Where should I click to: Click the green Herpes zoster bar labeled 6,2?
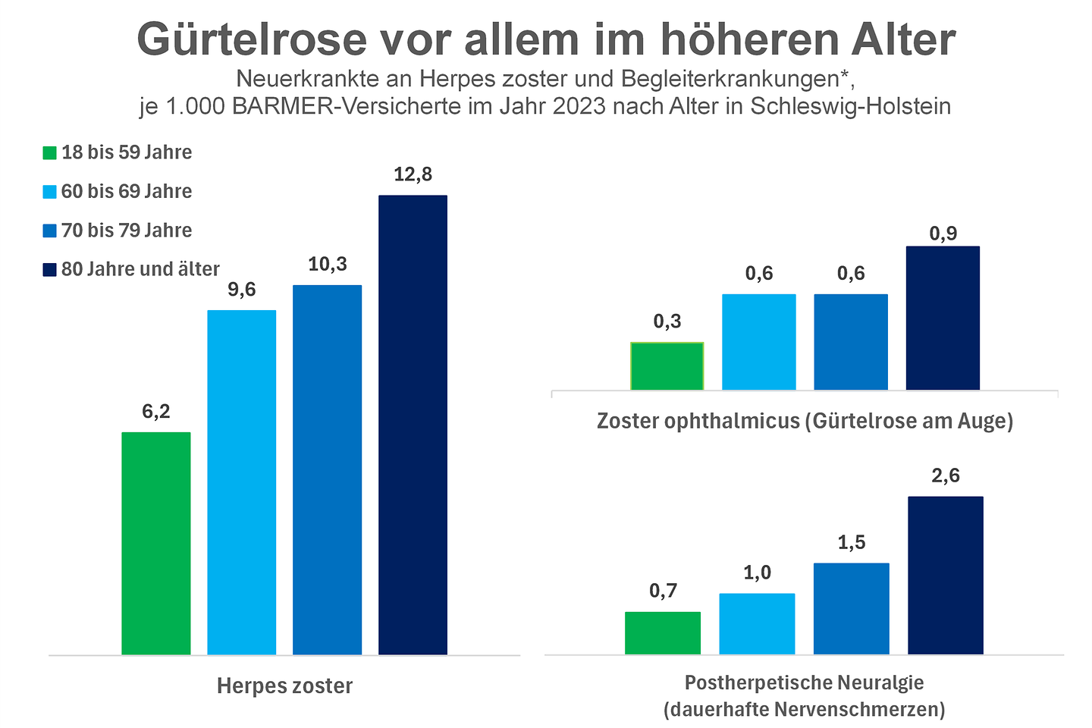point(155,543)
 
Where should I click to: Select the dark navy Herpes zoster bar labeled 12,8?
point(413,425)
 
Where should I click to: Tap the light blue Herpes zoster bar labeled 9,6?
point(241,482)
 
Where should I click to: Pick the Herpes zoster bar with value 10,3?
point(327,469)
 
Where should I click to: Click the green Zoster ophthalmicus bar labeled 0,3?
point(667,366)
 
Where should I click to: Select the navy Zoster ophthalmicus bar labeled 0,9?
point(943,318)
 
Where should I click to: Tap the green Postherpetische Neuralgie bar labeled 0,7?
point(662,632)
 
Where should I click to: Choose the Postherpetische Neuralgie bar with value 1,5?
point(851,608)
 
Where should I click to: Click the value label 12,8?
point(413,174)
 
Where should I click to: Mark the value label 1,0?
point(757,573)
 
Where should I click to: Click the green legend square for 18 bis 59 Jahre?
point(50,152)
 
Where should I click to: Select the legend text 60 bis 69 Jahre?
point(127,191)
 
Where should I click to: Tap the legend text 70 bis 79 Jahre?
point(127,231)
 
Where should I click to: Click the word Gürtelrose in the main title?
point(251,39)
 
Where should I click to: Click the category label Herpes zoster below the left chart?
point(284,686)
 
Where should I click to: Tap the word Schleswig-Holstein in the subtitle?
point(850,105)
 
